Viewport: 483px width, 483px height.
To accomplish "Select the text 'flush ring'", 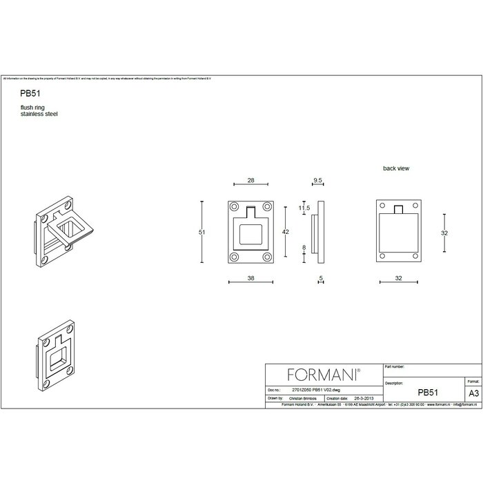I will click(33, 108).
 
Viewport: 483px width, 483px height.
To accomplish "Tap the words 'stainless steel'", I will click(39, 114).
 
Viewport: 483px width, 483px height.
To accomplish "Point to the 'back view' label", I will click(396, 168).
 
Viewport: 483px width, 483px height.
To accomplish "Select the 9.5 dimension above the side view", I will click(317, 180).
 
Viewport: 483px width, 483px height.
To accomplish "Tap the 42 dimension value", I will click(286, 233).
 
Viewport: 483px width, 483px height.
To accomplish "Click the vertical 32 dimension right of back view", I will click(444, 233).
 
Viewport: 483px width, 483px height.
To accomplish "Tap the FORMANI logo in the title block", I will click(322, 375).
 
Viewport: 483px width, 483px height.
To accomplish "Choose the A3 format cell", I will click(473, 392).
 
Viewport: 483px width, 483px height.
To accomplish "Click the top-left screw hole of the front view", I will click(235, 207).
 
